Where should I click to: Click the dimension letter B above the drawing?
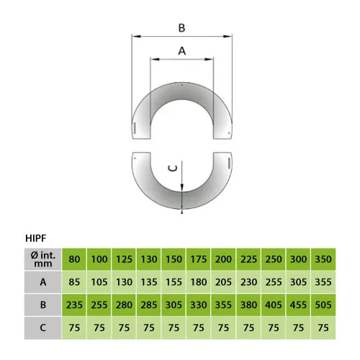coord(181,28)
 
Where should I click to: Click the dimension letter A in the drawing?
coord(182,51)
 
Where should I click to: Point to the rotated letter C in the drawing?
coord(173,168)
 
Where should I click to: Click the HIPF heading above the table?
coord(36,238)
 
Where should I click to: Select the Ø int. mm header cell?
coord(43,259)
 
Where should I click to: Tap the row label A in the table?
coord(43,282)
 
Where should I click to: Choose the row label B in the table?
coord(43,305)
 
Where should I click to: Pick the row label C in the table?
coord(43,328)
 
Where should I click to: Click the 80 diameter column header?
coord(74,259)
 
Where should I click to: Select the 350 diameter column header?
coord(323,259)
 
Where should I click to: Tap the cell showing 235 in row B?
coord(74,305)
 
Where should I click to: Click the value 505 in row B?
coord(323,305)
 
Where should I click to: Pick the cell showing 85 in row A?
coord(74,282)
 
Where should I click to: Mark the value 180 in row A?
coord(199,282)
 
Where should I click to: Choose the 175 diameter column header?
coord(199,259)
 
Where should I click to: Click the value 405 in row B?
coord(274,305)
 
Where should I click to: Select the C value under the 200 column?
coord(223,328)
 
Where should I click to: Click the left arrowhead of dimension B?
coord(136,37)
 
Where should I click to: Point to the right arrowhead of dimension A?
coord(209,59)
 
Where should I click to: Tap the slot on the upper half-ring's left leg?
coord(135,128)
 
